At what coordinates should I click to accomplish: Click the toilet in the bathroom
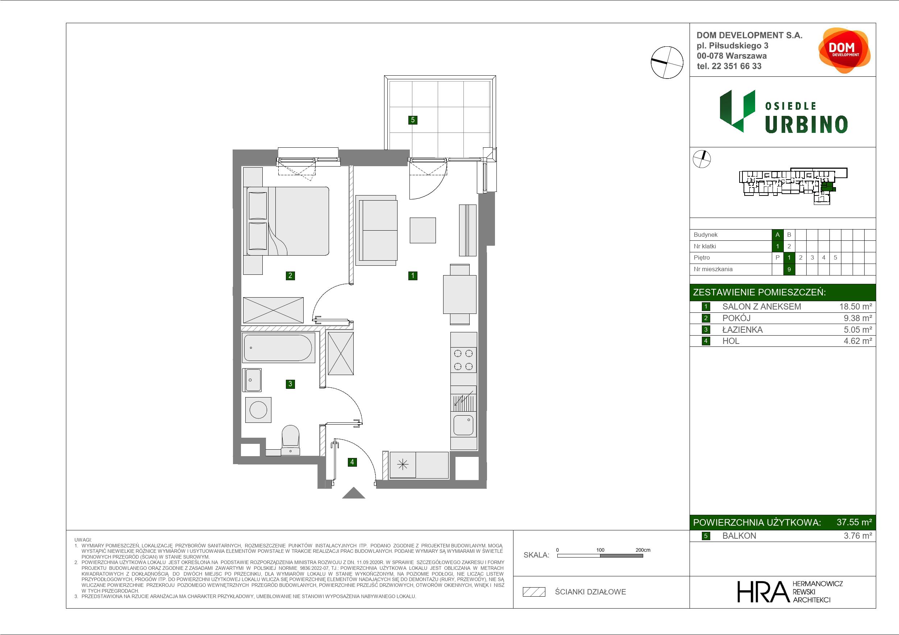[x=290, y=440]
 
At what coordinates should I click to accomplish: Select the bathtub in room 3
[x=278, y=348]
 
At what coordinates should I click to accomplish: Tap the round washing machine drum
[x=258, y=410]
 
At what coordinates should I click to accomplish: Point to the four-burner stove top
[x=463, y=360]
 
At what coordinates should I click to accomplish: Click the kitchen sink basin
[x=463, y=425]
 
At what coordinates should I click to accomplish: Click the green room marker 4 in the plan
[x=352, y=462]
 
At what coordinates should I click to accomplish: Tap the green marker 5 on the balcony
[x=413, y=120]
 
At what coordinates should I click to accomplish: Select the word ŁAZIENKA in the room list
[x=742, y=330]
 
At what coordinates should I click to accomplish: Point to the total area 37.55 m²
[x=854, y=522]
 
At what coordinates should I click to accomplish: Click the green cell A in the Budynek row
[x=778, y=235]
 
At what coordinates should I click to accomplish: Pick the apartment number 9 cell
[x=789, y=269]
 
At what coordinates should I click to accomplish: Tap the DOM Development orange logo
[x=844, y=50]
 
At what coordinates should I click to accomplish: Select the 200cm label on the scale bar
[x=642, y=550]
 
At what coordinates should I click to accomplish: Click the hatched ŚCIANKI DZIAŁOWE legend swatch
[x=534, y=592]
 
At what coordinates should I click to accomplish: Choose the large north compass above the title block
[x=667, y=62]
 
